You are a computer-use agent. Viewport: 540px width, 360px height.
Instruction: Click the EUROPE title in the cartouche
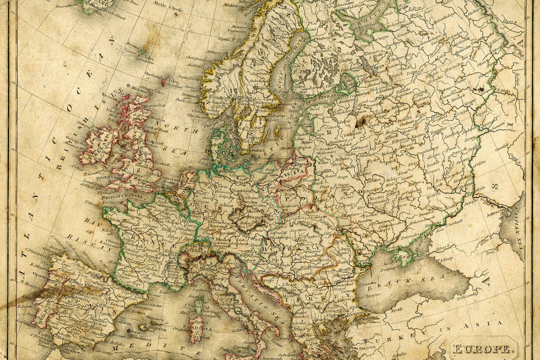tap(483, 348)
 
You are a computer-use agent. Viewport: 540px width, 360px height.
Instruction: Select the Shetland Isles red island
tap(164, 82)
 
